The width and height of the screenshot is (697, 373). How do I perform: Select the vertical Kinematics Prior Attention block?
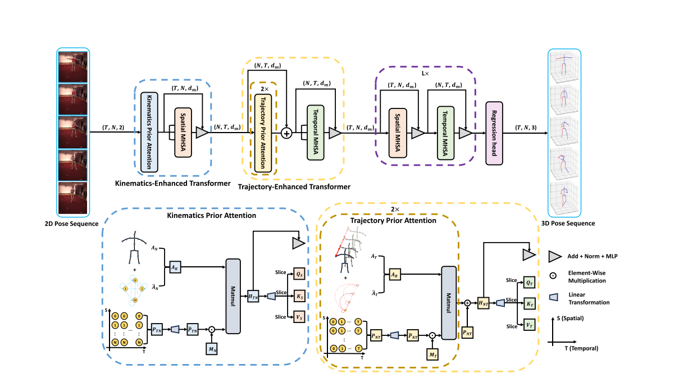click(149, 132)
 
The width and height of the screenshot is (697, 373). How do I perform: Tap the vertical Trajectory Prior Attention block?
click(263, 133)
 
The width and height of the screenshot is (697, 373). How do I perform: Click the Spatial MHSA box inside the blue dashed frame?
click(184, 133)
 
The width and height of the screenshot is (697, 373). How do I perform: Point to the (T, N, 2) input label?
click(115, 128)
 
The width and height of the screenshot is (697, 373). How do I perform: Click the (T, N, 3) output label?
click(526, 128)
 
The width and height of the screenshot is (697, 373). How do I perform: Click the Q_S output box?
click(300, 274)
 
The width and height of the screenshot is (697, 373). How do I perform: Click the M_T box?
click(432, 355)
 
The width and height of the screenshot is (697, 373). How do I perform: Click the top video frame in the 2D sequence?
click(72, 66)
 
